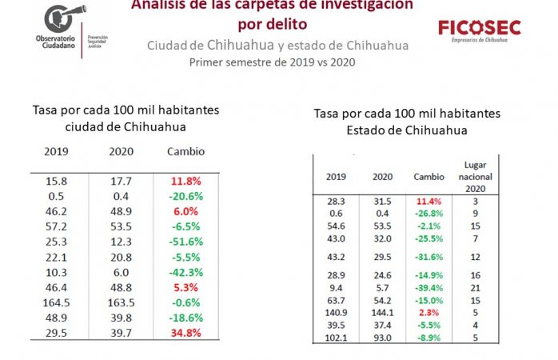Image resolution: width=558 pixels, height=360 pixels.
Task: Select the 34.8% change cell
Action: tap(185, 332)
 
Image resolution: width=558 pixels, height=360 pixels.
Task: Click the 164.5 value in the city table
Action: tap(56, 302)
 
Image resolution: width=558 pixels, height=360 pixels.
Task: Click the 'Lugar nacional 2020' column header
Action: tap(470, 176)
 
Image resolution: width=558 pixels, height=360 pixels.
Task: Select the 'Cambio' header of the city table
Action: tap(185, 151)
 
